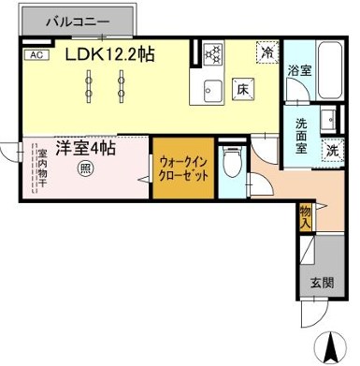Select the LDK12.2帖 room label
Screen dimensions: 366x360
pyautogui.click(x=109, y=54)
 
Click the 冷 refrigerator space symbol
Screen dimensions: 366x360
pyautogui.click(x=267, y=54)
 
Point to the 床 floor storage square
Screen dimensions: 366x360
pyautogui.click(x=241, y=90)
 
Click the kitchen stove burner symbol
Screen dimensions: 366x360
pyautogui.click(x=212, y=53)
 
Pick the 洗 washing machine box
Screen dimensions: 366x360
pyautogui.click(x=332, y=149)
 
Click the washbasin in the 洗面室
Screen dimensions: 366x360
pyautogui.click(x=329, y=121)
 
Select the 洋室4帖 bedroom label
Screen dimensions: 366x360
pyautogui.click(x=84, y=147)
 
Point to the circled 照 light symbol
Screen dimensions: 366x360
pyautogui.click(x=84, y=168)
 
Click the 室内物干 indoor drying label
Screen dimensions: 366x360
pyautogui.click(x=40, y=168)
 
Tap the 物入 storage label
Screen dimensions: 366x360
pyautogui.click(x=305, y=218)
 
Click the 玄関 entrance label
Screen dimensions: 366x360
pyautogui.click(x=321, y=282)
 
